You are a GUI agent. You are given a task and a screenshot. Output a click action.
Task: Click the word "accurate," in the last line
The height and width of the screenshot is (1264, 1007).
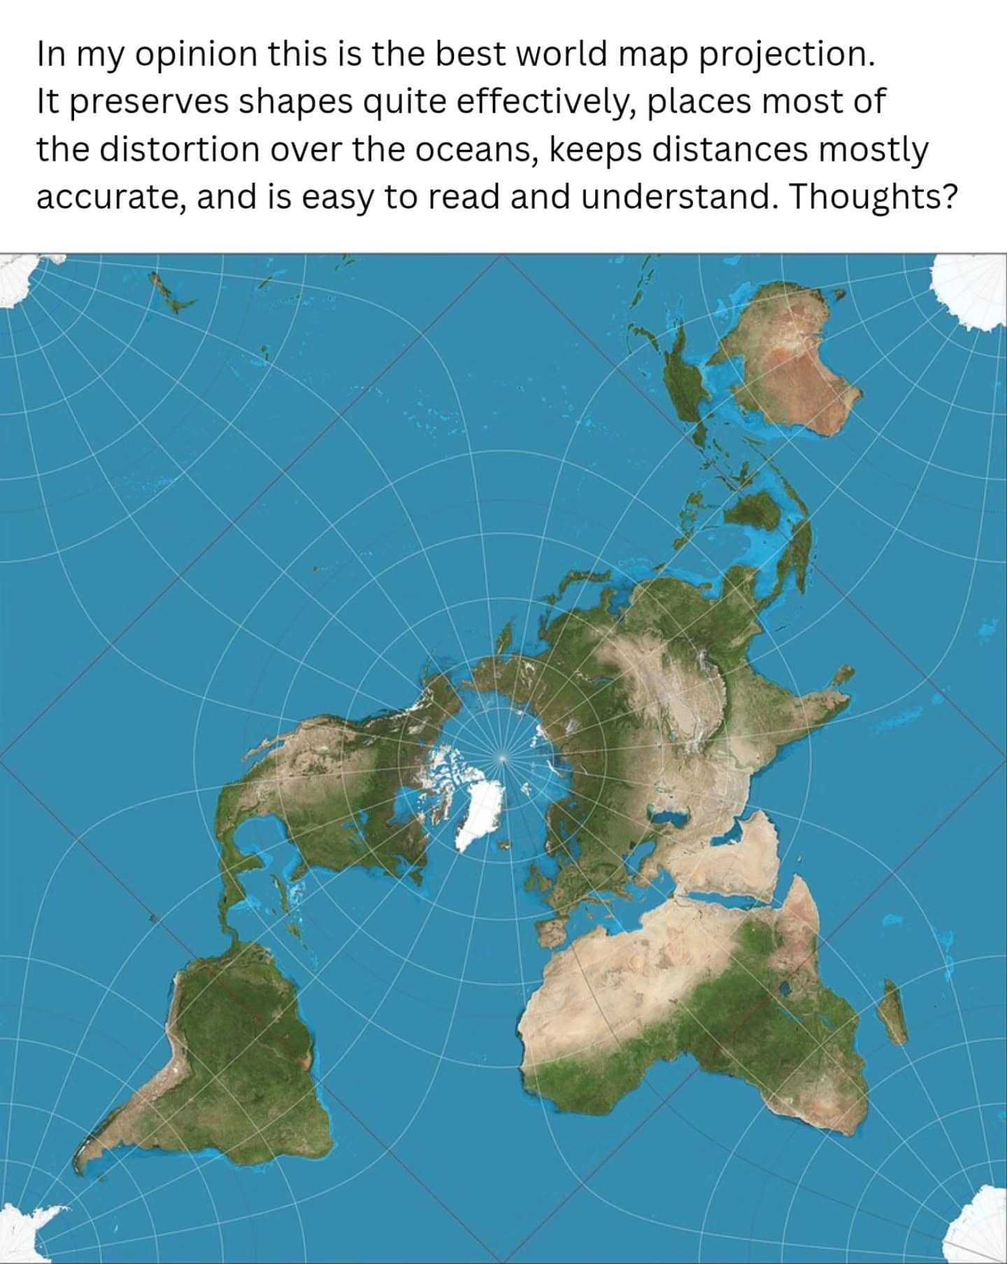pos(110,197)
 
